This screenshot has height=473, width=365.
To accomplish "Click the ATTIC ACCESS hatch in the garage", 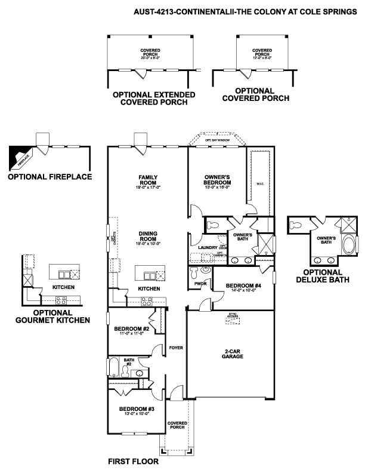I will (233, 318).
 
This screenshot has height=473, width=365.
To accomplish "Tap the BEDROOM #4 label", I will (243, 286).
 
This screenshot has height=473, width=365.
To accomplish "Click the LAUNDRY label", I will (199, 246).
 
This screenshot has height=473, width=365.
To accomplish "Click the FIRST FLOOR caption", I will (132, 462).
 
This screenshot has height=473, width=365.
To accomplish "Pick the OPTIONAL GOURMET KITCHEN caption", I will (54, 316).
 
